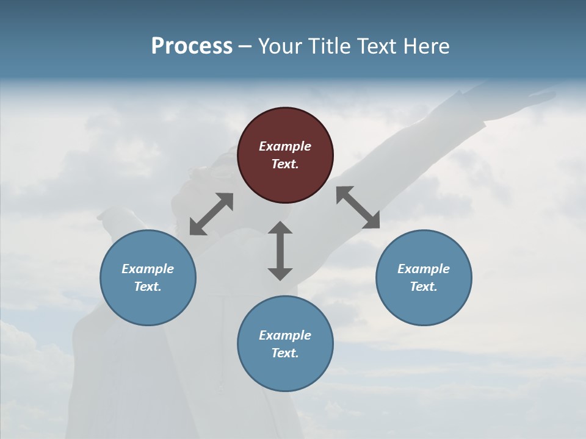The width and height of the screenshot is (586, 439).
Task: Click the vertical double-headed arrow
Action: pyautogui.click(x=280, y=251)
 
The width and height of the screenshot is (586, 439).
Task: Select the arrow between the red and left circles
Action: pyautogui.click(x=211, y=214)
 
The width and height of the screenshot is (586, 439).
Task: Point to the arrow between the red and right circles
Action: pyautogui.click(x=358, y=207)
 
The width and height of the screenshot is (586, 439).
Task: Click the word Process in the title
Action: pyautogui.click(x=192, y=46)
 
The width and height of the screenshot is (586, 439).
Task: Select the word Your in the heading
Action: pyautogui.click(x=278, y=46)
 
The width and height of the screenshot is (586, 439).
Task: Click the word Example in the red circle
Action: pyautogui.click(x=285, y=146)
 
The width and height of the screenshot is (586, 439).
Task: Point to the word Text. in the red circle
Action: pyautogui.click(x=285, y=164)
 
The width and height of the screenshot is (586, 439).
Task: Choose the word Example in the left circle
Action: pyautogui.click(x=148, y=269)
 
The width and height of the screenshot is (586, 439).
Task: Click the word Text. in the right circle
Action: pyautogui.click(x=424, y=287)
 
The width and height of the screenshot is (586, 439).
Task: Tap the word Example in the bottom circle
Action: pyautogui.click(x=285, y=335)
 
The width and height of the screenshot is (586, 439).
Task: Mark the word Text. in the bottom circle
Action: pyautogui.click(x=285, y=353)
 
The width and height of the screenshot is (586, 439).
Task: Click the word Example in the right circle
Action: pyautogui.click(x=424, y=269)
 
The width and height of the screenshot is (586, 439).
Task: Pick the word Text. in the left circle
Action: pyautogui.click(x=148, y=287)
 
